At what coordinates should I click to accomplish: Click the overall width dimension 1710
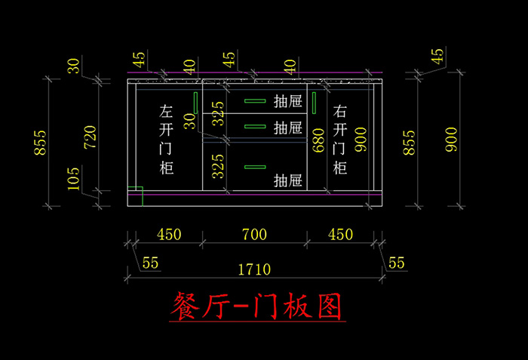tap(254, 269)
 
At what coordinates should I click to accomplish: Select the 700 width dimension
tap(254, 234)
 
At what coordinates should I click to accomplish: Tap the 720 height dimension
tap(91, 137)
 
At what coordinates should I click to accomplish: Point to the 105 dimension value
tap(73, 179)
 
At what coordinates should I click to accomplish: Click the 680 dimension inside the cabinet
tap(318, 140)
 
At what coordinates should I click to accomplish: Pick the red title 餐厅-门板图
tap(257, 306)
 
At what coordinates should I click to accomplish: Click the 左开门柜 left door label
tap(167, 139)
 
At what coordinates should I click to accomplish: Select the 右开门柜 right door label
tap(339, 139)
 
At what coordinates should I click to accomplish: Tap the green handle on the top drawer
tap(255, 101)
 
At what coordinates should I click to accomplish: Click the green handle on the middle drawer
tap(255, 126)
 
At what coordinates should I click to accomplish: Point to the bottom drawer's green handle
tap(255, 167)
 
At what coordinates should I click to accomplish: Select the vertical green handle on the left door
tap(195, 103)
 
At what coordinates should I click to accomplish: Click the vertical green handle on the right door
tap(315, 103)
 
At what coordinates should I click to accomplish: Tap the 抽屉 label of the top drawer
tap(288, 101)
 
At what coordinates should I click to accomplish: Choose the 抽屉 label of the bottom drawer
tap(288, 180)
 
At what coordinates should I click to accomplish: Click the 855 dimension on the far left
tap(40, 143)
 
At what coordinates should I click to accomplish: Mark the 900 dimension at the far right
tap(451, 139)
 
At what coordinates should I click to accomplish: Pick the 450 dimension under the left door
tap(169, 234)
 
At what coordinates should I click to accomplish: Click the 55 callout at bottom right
tap(396, 263)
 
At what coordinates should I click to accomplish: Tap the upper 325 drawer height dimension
tap(218, 114)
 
